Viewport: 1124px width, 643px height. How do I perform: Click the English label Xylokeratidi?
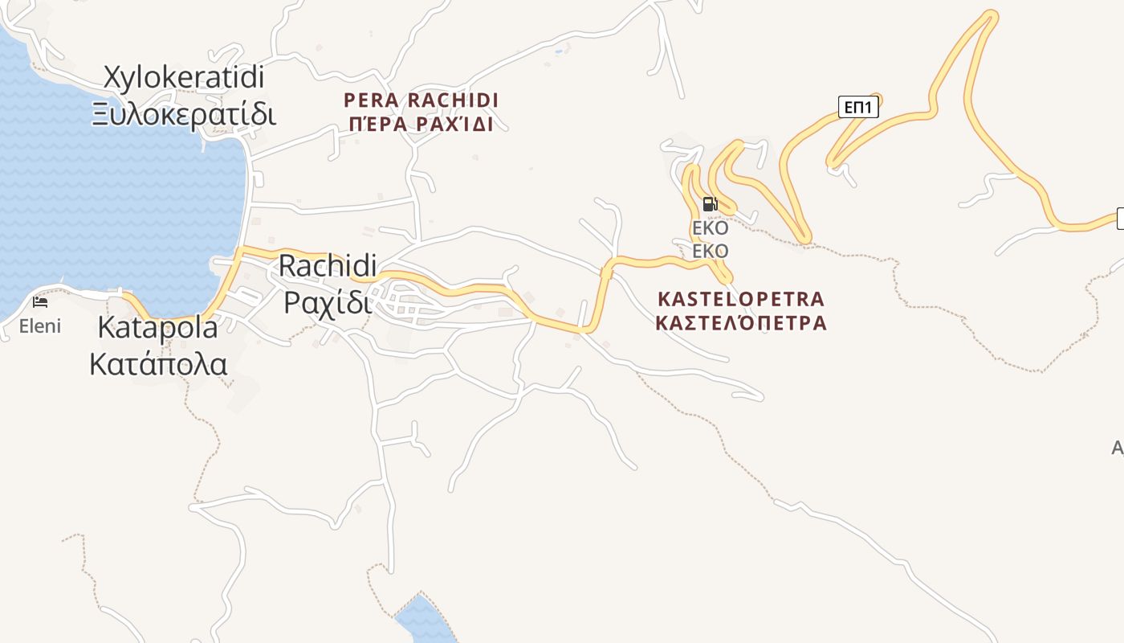coord(184,78)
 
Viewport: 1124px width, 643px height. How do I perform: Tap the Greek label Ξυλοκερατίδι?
coord(184,114)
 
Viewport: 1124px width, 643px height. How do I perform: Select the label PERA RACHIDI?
coord(421,100)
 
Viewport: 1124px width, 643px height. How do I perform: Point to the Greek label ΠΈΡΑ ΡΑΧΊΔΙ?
coord(421,125)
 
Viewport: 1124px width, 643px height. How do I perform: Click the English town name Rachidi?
coord(328,266)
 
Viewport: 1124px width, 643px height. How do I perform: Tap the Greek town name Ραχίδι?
coord(328,302)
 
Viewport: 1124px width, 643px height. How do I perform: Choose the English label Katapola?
coord(157,328)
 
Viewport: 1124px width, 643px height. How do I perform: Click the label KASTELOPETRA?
coord(740,299)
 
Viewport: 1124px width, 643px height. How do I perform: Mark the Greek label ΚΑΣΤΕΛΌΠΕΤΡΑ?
coord(740,323)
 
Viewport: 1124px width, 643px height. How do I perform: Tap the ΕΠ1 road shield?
coord(858,107)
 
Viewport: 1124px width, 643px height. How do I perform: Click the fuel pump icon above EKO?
coord(709,204)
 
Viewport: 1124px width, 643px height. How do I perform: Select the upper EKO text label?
coord(710,227)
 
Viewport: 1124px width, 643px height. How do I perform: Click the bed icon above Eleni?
coord(40,302)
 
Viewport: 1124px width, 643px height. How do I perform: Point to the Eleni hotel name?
coord(40,326)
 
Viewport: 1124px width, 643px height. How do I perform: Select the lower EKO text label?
coord(710,252)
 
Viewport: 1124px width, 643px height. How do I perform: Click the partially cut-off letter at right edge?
coord(1118,448)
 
